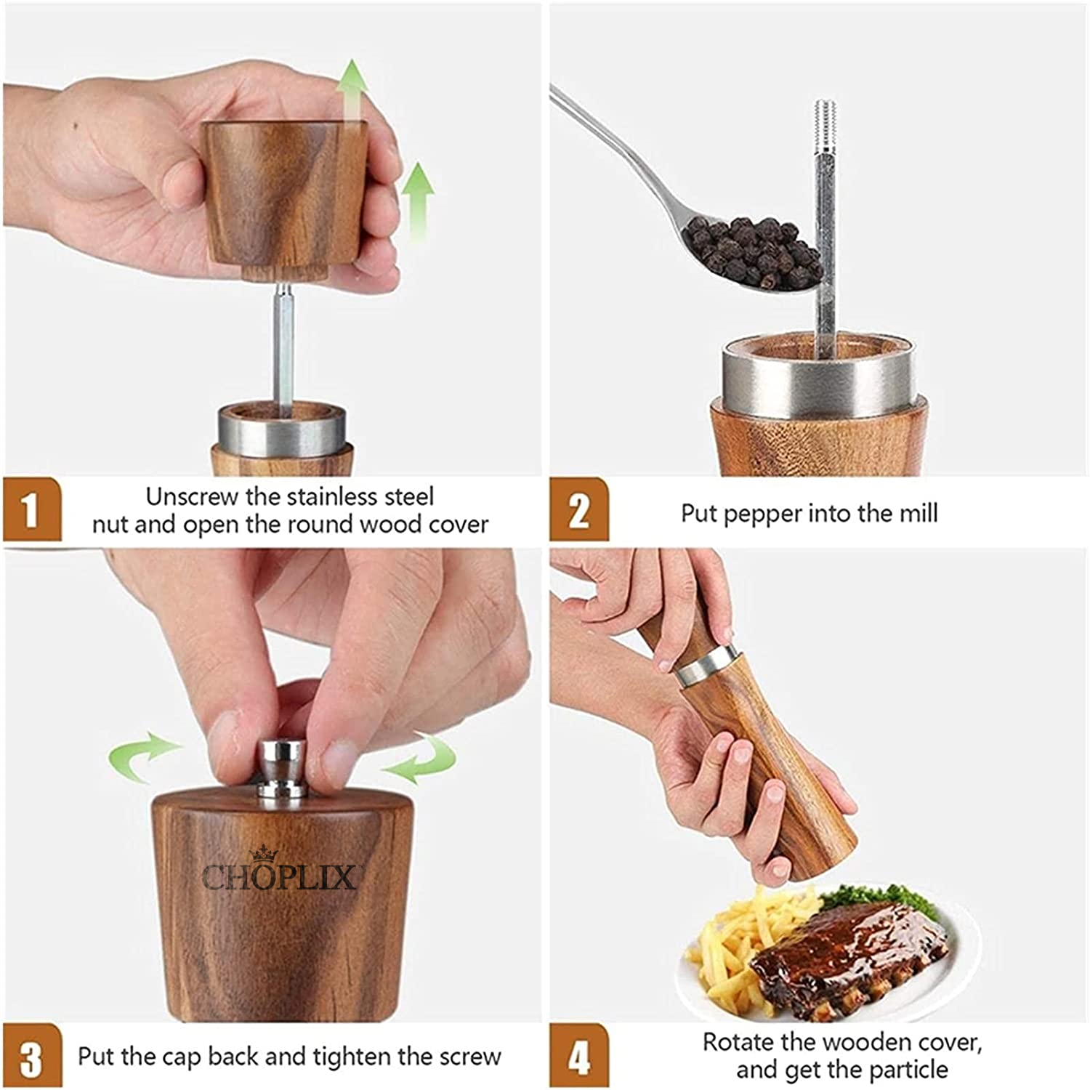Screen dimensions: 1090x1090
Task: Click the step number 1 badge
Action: (x=31, y=509)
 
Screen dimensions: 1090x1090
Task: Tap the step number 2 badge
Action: (x=578, y=509)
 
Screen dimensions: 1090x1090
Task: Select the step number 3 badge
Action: (x=31, y=1057)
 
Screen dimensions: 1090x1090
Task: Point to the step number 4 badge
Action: (x=578, y=1057)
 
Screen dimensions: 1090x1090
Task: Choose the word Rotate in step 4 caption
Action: (x=738, y=1043)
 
